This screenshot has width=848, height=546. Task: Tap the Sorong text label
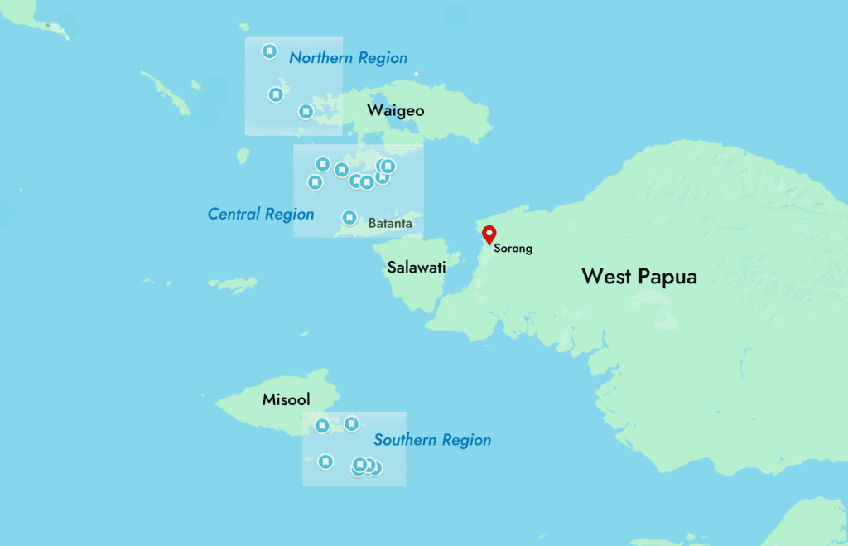point(512,248)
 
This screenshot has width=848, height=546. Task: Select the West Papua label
point(639,276)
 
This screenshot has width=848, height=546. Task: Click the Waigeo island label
point(396,111)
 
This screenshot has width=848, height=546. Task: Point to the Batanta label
point(390,223)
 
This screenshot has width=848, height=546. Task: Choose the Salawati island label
point(417,268)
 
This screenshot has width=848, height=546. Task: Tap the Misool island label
point(286,399)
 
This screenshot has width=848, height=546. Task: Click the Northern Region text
point(348,58)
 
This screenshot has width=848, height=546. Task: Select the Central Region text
point(261,215)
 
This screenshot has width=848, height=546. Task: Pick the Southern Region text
point(432,441)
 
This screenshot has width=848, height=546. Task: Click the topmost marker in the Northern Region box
point(269,51)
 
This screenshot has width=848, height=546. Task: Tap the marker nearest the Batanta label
point(349,217)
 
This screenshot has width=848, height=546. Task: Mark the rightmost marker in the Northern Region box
point(306,111)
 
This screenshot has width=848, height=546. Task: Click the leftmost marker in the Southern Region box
point(322,426)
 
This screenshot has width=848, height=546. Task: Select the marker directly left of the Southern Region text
point(351,424)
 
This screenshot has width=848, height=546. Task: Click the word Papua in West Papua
point(667,276)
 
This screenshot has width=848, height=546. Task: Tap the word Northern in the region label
point(318,58)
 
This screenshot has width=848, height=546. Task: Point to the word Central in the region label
point(234,215)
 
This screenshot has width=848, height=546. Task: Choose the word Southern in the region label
point(402,441)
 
